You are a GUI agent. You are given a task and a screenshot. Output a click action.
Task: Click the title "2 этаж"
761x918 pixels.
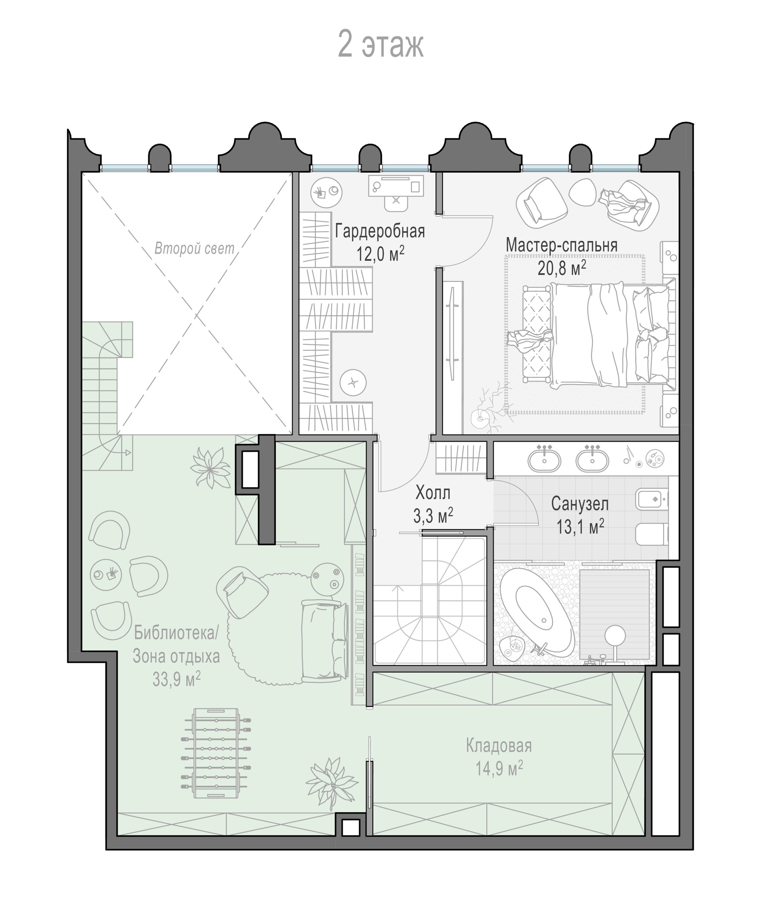click(x=380, y=44)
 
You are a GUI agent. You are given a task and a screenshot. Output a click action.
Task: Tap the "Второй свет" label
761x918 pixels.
click(x=194, y=249)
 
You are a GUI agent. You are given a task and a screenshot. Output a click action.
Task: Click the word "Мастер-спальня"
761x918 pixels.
click(x=561, y=245)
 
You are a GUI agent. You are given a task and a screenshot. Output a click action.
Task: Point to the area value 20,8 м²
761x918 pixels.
click(x=561, y=268)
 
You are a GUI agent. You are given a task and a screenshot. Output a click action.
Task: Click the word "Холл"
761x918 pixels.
click(x=433, y=493)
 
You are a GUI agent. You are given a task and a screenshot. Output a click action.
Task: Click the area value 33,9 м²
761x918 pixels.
click(x=176, y=680)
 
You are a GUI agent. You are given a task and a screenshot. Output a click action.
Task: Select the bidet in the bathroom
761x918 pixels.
click(x=652, y=499)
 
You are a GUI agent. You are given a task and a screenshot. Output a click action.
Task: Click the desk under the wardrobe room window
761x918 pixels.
click(x=396, y=187)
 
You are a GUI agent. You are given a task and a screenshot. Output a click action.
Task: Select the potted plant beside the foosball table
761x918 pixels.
click(x=332, y=785)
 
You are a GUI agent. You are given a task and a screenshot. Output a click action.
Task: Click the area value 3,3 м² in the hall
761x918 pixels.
click(x=433, y=516)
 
